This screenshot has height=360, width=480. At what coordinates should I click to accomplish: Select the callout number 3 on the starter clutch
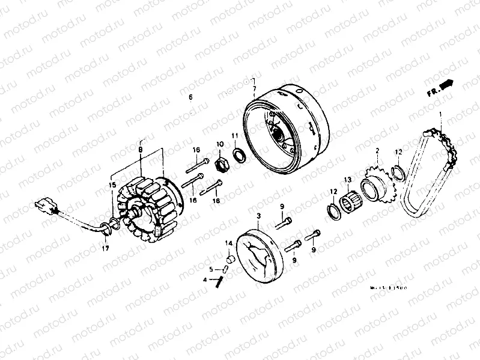[x=258, y=215]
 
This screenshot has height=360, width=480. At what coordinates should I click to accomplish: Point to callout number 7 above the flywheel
[x=254, y=89]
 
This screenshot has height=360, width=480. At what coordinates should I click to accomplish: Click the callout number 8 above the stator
[x=141, y=150]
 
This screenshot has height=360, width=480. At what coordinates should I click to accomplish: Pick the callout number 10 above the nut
[x=220, y=144]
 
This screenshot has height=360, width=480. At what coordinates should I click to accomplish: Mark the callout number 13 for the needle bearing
[x=347, y=180]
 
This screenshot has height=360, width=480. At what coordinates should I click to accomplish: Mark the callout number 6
[x=190, y=97]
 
